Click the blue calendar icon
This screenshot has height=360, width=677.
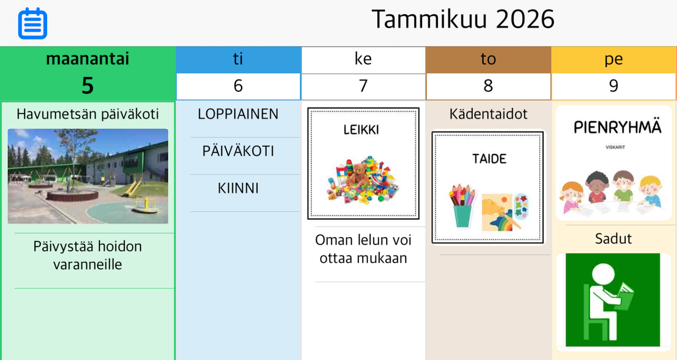[x=33, y=23]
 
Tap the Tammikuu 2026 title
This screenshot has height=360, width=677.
[x=463, y=20]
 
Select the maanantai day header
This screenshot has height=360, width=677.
[x=88, y=59]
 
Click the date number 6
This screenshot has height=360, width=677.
[x=238, y=86]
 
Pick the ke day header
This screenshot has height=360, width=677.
[x=363, y=59]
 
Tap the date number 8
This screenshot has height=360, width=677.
[x=488, y=86]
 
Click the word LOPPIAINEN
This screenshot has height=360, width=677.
[x=238, y=114]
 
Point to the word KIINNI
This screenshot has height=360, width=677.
[x=238, y=188]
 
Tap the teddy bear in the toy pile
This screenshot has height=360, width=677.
[x=359, y=174]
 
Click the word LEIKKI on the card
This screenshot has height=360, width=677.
[x=361, y=130]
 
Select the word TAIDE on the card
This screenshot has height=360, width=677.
[x=489, y=159]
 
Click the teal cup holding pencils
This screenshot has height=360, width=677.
[x=463, y=216]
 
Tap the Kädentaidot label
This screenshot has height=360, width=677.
[x=488, y=114]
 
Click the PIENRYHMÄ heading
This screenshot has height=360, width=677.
[x=617, y=127]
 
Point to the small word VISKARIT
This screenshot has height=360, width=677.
[x=615, y=147]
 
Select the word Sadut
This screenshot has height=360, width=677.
[x=613, y=238]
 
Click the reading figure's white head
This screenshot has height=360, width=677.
[x=603, y=274]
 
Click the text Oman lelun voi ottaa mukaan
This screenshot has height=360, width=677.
[x=363, y=249]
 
